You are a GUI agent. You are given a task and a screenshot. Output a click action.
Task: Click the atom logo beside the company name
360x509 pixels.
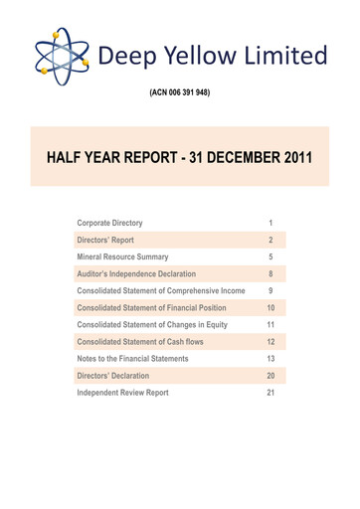(61, 54)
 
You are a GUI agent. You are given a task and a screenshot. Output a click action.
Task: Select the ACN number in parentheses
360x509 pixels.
(179, 93)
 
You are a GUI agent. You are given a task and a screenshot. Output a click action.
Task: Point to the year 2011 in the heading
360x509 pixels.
(292, 156)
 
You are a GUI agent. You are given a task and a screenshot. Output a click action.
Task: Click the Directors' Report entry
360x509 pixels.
(112, 240)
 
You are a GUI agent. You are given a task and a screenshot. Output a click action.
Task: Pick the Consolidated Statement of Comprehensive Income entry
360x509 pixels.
(160, 290)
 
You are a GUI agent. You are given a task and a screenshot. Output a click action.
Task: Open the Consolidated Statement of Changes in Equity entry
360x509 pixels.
(151, 325)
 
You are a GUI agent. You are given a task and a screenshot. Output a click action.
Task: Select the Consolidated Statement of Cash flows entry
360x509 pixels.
(140, 342)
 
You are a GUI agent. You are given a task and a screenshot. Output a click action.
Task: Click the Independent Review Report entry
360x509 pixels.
(122, 393)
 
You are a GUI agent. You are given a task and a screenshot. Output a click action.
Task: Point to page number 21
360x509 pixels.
(270, 393)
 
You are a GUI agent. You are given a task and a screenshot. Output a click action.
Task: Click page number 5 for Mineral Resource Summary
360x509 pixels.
(270, 256)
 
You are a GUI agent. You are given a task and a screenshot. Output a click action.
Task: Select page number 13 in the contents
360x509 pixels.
(270, 359)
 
